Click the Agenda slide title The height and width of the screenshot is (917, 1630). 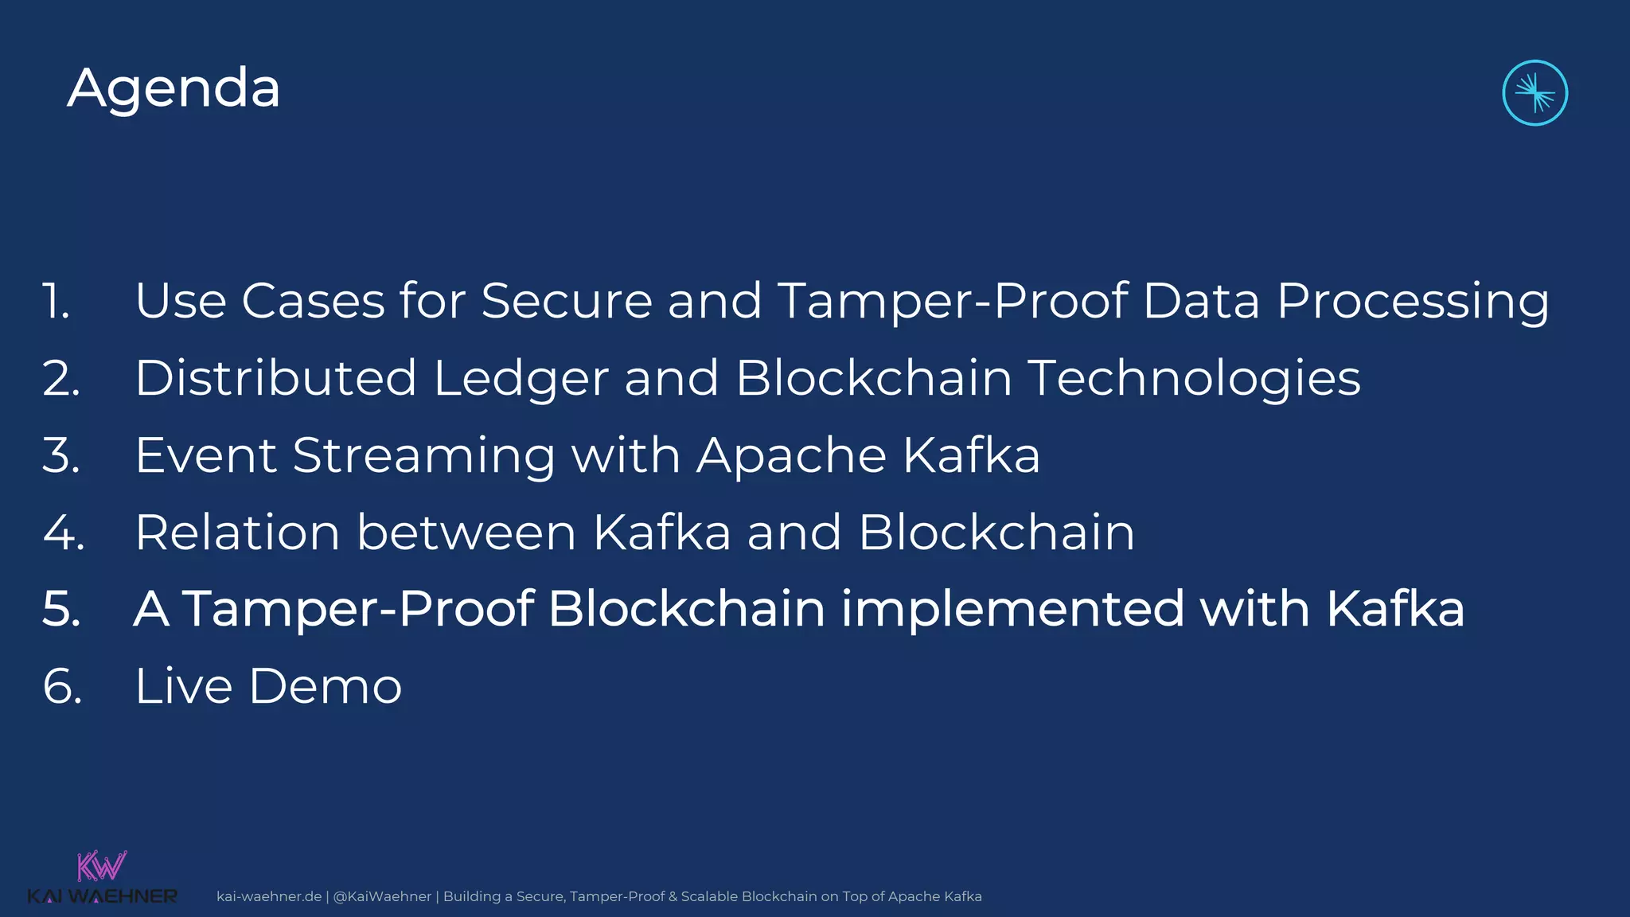point(174,88)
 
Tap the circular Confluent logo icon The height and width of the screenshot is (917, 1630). point(1534,93)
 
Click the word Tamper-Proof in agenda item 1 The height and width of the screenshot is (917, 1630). point(952,301)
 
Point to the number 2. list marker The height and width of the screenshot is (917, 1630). point(61,378)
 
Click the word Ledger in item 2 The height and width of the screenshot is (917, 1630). point(521,379)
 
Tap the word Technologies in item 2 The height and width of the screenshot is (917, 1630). point(1194,379)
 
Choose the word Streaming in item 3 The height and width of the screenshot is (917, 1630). point(423,456)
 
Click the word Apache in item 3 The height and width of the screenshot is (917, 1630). point(791,456)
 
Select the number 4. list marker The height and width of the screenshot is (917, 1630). point(64,533)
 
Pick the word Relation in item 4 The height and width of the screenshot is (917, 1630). point(237,533)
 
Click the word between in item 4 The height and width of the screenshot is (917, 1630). point(466,533)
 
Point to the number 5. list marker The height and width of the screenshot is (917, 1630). point(62,610)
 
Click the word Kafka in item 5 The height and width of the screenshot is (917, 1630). point(1394,610)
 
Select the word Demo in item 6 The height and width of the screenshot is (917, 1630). point(325,686)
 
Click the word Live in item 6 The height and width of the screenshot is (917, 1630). point(183,686)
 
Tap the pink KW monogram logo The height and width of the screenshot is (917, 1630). point(102,866)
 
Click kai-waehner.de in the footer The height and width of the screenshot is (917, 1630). point(269,896)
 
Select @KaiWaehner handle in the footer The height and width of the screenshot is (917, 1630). point(382,896)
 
